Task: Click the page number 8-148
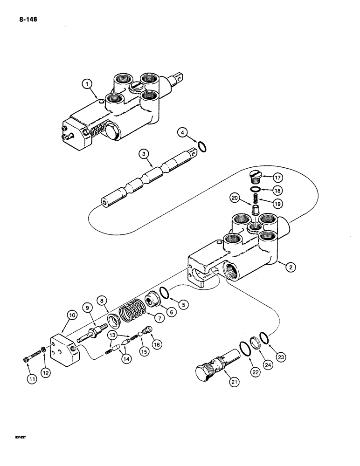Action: pyautogui.click(x=28, y=20)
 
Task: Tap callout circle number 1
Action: pyautogui.click(x=87, y=85)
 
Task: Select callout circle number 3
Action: pyautogui.click(x=145, y=152)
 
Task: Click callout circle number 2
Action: pyautogui.click(x=291, y=267)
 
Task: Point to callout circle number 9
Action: pyautogui.click(x=87, y=308)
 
